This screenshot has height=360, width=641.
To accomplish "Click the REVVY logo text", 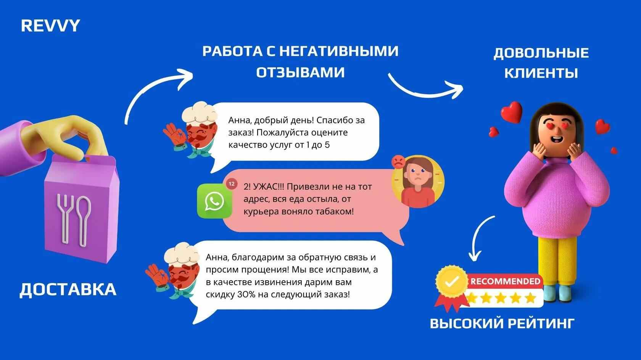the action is click(x=50, y=26).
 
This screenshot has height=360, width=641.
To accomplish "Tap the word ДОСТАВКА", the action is click(x=68, y=289).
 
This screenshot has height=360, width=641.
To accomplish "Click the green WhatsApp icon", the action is click(x=214, y=201).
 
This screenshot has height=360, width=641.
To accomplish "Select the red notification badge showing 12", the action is click(x=232, y=184).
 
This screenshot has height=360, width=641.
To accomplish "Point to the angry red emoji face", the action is click(x=398, y=162).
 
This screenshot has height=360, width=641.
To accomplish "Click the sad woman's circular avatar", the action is click(x=418, y=181).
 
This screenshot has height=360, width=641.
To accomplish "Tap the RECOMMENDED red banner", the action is click(x=505, y=281).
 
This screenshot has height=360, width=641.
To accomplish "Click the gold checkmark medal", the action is click(x=452, y=282).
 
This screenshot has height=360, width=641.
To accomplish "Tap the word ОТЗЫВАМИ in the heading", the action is click(x=300, y=72).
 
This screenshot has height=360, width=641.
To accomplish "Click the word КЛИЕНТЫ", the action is click(x=541, y=73).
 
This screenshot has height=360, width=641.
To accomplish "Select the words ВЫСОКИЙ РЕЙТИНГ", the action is click(x=502, y=323).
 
